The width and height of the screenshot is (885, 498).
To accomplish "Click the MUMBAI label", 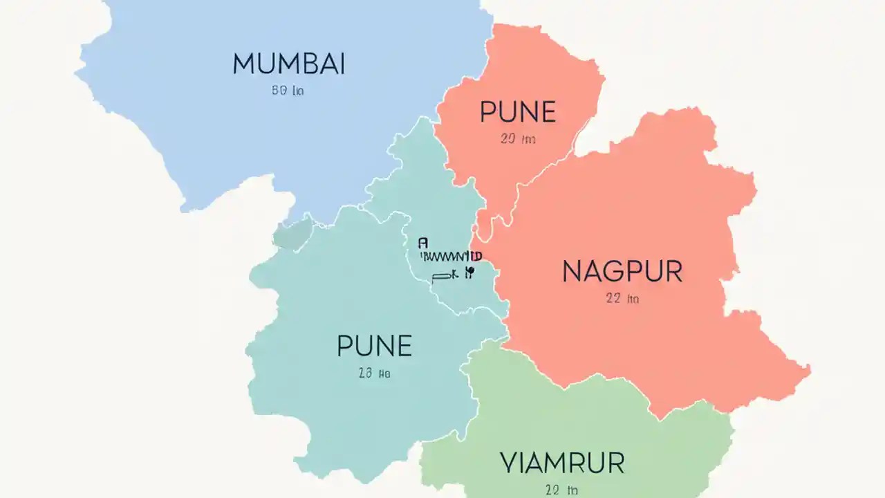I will coord(288,64).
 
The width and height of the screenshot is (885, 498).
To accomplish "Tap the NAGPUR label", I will coord(622,272).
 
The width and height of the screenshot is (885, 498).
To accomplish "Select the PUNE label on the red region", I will coord(518,112).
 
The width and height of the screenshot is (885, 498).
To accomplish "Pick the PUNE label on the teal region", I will coord(374,346).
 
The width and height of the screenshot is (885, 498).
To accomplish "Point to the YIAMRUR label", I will coord(562,463).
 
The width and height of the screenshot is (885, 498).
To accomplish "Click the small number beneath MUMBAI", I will coord(288,91).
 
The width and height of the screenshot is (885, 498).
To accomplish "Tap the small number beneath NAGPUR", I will coord(622,299).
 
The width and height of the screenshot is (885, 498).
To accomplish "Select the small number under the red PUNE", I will coord(518,139).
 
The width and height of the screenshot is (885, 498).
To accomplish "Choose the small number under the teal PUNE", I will coord(374,373).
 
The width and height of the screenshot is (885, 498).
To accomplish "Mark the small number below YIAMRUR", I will coord(561,490).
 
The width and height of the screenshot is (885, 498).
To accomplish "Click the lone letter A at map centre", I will coord(423,243).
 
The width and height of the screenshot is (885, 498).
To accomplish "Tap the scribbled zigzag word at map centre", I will coord(446,256).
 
